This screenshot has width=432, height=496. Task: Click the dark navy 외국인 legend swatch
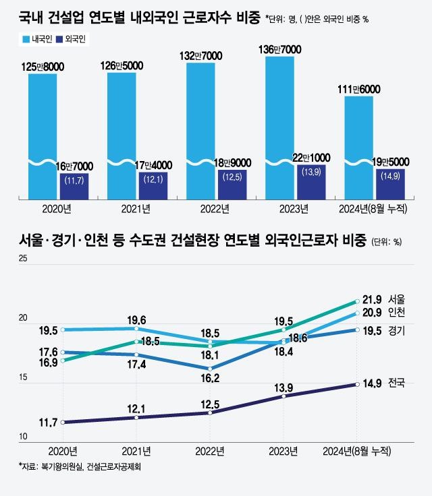(x=61, y=40)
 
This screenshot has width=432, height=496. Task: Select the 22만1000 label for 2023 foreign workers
(x=311, y=156)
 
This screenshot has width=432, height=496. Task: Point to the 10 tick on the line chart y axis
(x=23, y=437)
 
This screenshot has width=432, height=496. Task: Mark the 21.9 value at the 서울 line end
(x=373, y=299)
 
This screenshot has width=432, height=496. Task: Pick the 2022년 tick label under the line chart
(x=211, y=449)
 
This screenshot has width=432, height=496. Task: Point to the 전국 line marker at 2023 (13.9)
(x=283, y=396)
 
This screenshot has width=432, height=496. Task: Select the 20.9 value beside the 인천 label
(x=373, y=312)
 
